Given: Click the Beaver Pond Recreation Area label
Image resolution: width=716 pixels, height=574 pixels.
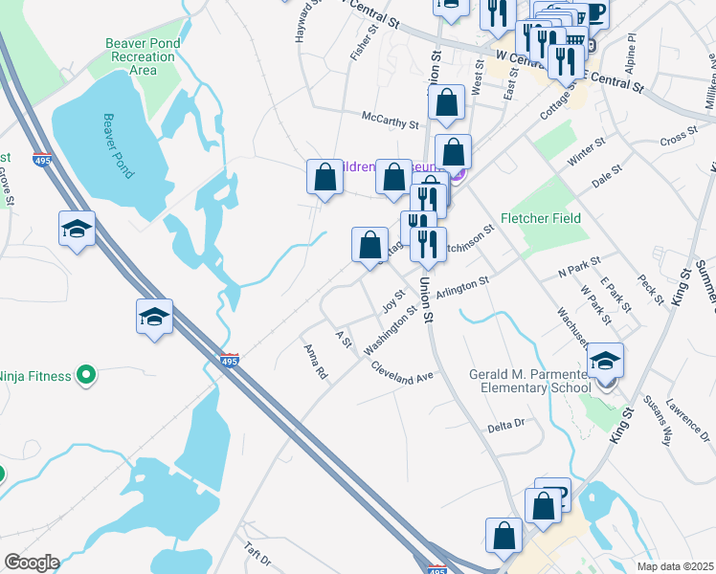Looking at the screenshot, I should point(143,56).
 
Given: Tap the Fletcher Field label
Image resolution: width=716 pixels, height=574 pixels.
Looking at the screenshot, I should point(542,218).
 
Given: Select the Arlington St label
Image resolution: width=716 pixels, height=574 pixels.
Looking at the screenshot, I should point(463,285).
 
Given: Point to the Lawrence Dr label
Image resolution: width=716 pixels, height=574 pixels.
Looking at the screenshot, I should point(686,414).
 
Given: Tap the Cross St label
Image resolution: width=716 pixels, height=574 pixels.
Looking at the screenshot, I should point(675,138).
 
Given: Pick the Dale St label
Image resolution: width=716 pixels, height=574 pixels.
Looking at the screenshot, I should point(607,177).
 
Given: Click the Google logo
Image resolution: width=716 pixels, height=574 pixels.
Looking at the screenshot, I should point(32,563).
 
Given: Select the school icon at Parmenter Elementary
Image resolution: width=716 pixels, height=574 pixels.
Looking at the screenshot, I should point(604,361).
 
